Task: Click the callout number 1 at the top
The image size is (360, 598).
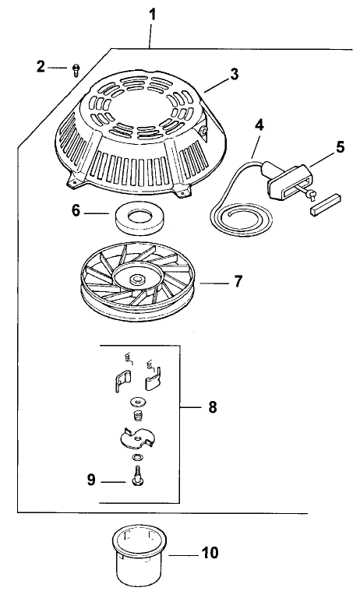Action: (x=152, y=15)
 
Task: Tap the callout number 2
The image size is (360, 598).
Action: (x=41, y=68)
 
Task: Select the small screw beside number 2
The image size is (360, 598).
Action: (x=75, y=70)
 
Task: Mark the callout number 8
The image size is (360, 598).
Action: (x=213, y=406)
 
